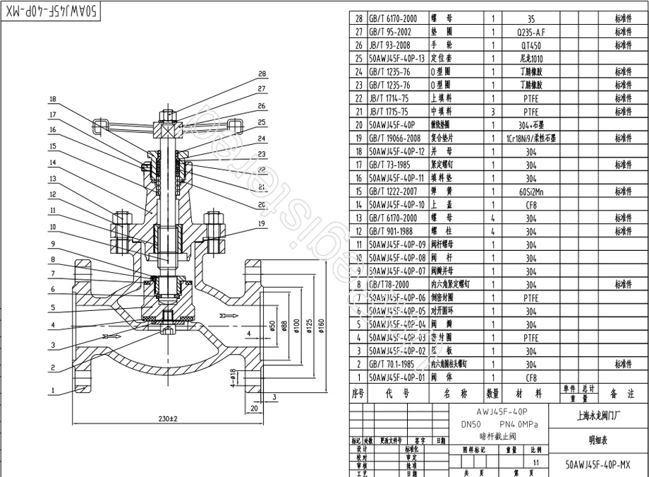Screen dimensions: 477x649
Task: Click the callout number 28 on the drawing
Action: [262, 73]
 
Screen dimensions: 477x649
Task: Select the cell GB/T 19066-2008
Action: [398, 139]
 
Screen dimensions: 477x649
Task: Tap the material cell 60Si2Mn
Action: [530, 192]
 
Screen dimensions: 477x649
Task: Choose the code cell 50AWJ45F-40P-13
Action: [398, 59]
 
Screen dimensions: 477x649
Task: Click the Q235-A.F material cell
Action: [530, 33]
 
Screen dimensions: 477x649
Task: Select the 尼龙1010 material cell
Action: [530, 59]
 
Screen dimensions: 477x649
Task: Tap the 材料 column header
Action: [530, 393]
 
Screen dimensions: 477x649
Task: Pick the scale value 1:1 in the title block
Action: [536, 462]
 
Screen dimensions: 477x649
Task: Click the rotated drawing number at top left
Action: [48, 11]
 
